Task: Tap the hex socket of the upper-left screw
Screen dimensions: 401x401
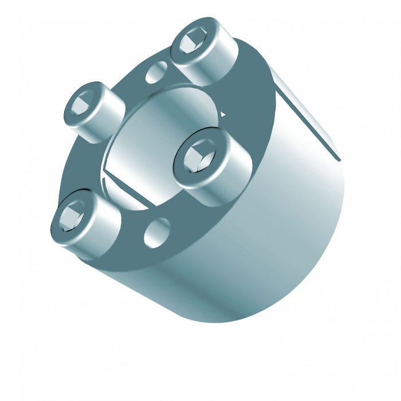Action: click(x=81, y=105)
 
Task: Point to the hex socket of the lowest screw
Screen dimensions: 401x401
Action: click(x=71, y=216)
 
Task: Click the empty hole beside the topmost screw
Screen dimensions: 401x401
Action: click(x=156, y=73)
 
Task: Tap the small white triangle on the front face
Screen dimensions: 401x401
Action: click(x=222, y=115)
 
